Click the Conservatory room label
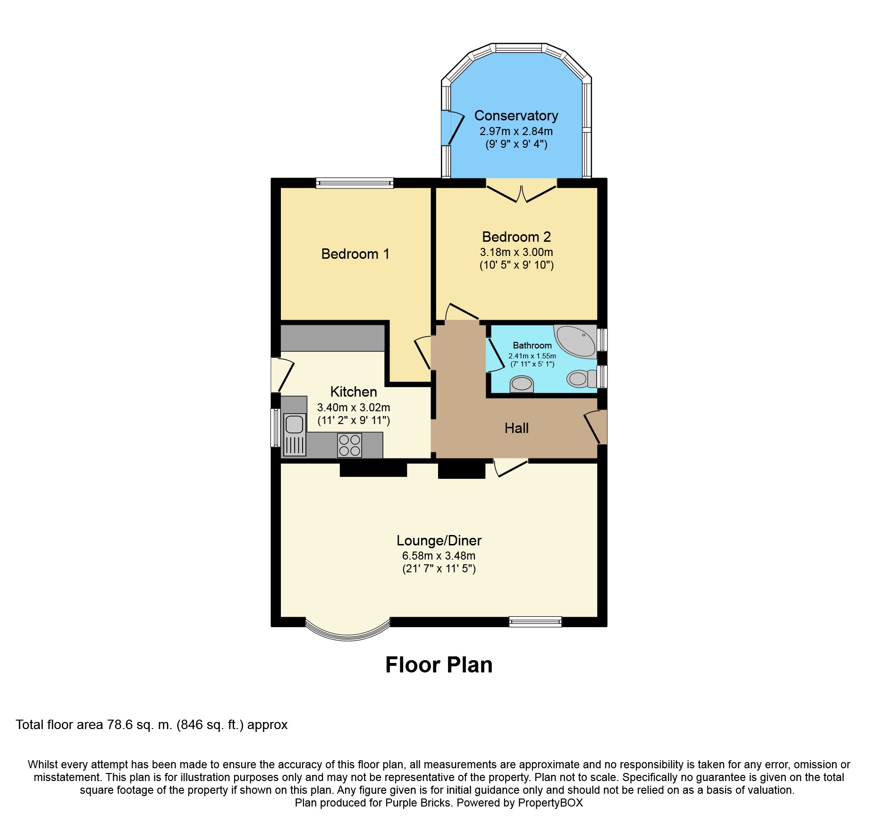coord(516,116)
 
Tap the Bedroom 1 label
coord(355,254)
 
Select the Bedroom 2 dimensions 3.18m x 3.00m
coord(516,252)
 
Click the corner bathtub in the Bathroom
coord(576,341)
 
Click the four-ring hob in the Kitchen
coord(349,445)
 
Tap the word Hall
coord(516,428)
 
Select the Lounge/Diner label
coord(439,541)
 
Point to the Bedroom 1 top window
coord(355,183)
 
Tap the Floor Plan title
coord(439,665)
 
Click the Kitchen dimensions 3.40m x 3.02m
coord(354,408)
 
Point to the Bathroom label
coord(532,346)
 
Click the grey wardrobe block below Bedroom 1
coord(333,338)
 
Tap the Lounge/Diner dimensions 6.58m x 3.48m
coord(439,556)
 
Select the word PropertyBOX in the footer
coord(550,803)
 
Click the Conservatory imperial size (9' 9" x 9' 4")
coord(516,144)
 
